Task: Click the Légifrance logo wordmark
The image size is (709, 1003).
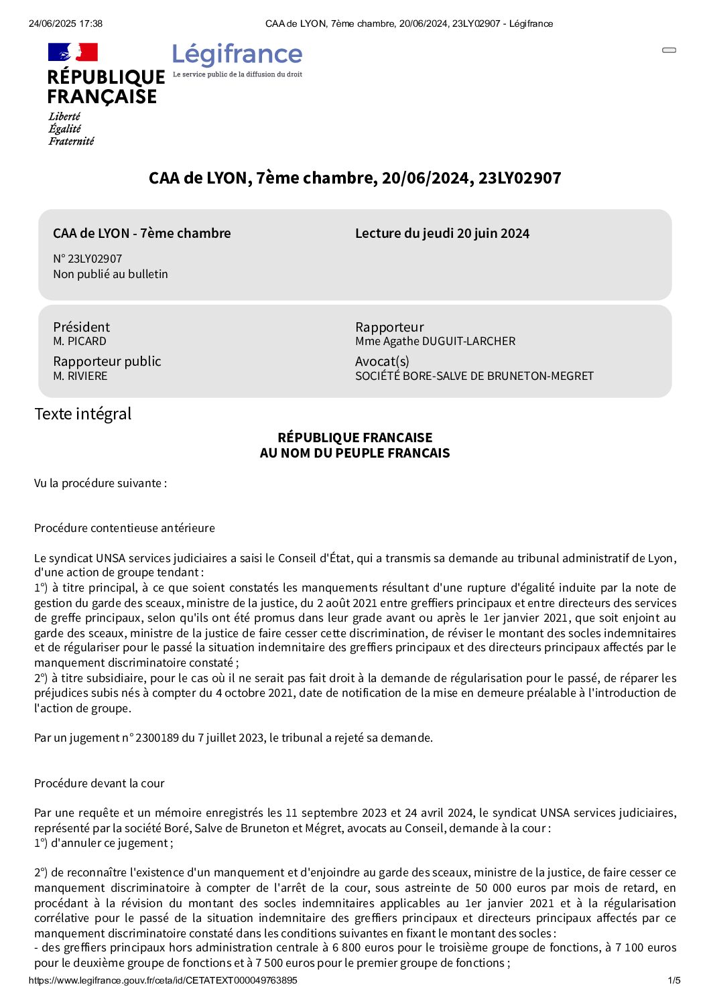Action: pos(237,54)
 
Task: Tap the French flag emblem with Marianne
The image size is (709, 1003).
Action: pos(73,52)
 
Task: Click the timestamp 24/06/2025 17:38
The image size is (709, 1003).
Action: pos(66,23)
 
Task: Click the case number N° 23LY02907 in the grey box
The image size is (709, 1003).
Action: pos(88,259)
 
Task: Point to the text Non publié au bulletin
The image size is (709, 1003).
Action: pos(111,274)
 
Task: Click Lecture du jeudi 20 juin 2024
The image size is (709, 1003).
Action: pos(442,233)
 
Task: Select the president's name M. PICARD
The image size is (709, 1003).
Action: pos(80,341)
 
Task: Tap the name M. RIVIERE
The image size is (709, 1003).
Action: pos(80,376)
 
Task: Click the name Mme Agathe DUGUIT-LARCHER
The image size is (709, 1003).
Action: pos(436,341)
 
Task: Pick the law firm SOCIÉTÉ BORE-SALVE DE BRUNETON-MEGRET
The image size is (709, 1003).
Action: pos(474,376)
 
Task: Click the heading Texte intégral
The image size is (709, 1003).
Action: pos(83,413)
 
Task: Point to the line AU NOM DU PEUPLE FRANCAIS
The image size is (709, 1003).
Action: pos(354,453)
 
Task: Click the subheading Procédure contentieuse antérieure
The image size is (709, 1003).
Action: pos(125,528)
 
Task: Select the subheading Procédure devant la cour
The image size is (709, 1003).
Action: pos(99,783)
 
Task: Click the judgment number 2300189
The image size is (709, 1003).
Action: pos(157,738)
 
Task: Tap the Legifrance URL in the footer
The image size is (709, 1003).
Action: pos(163,980)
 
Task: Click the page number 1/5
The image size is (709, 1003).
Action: pos(674,980)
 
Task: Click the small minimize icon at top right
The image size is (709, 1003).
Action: pos(669,50)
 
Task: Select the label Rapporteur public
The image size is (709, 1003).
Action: pos(107,361)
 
